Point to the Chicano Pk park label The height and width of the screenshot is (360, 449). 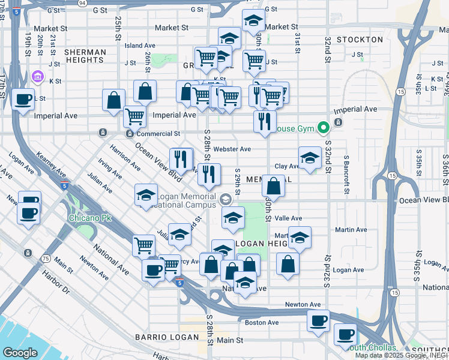pos(83,217)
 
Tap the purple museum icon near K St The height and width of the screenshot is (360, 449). pos(38,77)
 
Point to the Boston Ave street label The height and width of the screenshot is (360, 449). pos(262,322)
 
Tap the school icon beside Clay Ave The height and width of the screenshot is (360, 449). pos(309,158)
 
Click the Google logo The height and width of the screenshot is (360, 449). pos(20,353)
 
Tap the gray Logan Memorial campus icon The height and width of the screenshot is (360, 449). pos(225,199)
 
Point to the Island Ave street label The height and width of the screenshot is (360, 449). pos(140,46)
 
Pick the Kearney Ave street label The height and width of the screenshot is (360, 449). pos(50,164)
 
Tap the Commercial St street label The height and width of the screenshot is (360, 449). pos(158,134)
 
